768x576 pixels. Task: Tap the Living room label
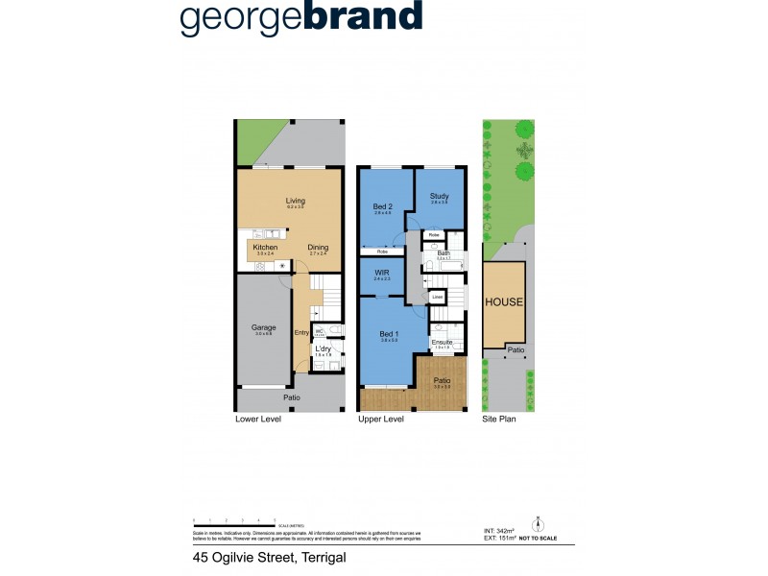tap(295, 201)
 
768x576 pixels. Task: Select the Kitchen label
tap(265, 247)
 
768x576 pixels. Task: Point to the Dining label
tap(318, 247)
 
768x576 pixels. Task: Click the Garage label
tap(263, 327)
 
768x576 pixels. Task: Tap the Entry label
tap(301, 333)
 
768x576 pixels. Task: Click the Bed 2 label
tap(383, 206)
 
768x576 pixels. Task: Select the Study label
tap(439, 196)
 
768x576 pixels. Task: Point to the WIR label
tap(381, 274)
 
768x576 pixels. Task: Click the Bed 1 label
tap(388, 333)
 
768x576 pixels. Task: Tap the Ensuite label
tap(442, 341)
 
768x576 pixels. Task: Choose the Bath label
tap(444, 253)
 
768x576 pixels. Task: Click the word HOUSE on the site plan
tap(504, 301)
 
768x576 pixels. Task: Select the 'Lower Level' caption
tap(256, 420)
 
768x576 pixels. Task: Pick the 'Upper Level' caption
tap(379, 420)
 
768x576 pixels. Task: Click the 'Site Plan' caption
tap(499, 420)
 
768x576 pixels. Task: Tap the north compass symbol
tap(538, 523)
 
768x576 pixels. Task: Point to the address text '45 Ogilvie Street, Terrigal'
tap(254, 557)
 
